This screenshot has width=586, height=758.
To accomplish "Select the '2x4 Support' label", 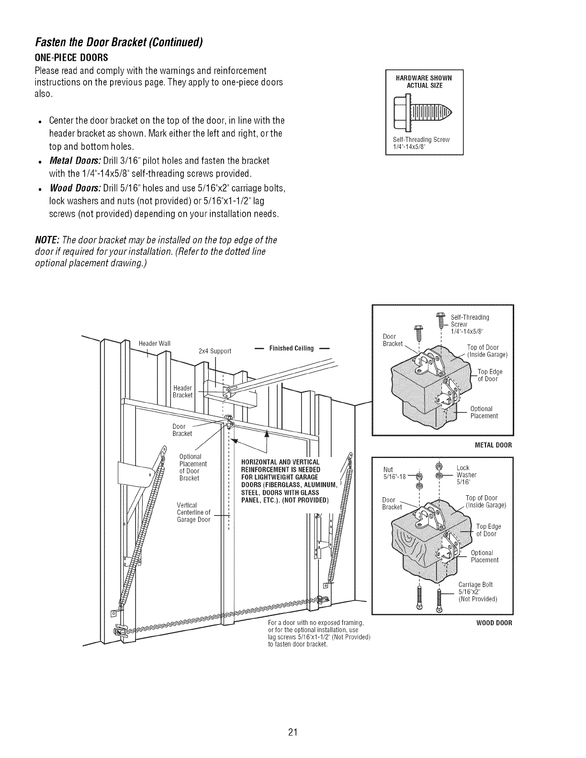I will pyautogui.click(x=214, y=351).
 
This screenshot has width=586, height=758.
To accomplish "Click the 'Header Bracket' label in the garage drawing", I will pyautogui.click(x=182, y=391).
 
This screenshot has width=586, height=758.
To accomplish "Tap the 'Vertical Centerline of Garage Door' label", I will pyautogui.click(x=193, y=513).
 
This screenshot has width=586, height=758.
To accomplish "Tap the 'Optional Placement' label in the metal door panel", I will pyautogui.click(x=484, y=412).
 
